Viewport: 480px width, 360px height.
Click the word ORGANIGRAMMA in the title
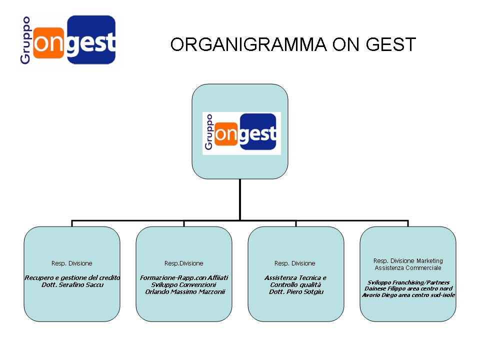(x=248, y=44)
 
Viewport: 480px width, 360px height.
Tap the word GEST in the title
(x=391, y=44)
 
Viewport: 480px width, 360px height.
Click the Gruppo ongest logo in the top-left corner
(x=68, y=40)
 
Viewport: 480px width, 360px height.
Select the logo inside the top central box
(x=241, y=133)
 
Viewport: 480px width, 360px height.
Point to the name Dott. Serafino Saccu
(x=72, y=284)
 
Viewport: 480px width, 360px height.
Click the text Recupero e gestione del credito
(x=72, y=277)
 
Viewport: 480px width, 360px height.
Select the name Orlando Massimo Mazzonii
(x=185, y=291)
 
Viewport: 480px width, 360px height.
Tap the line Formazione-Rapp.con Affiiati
(x=184, y=277)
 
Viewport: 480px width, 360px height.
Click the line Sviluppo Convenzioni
(x=183, y=284)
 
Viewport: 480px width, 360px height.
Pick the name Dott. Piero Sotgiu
(x=296, y=291)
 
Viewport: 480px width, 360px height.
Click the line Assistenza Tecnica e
(x=295, y=277)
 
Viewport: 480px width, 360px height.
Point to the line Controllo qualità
(x=295, y=284)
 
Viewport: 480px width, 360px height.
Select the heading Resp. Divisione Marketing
(x=408, y=261)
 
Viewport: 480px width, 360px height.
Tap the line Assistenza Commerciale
(x=408, y=268)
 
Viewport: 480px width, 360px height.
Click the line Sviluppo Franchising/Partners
(x=408, y=282)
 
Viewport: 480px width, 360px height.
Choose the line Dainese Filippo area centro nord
(x=408, y=288)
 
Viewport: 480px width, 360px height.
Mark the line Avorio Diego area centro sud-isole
(x=408, y=295)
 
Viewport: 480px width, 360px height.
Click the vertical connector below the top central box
(x=240, y=199)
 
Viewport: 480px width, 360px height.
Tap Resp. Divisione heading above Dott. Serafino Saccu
(x=71, y=263)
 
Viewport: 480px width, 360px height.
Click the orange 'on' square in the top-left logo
(x=48, y=43)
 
